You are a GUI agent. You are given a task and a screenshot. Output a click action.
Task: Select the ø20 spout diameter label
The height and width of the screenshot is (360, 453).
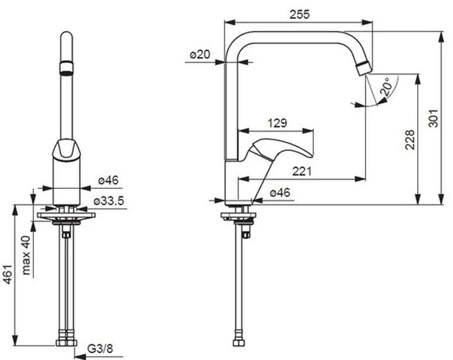(x=199, y=55)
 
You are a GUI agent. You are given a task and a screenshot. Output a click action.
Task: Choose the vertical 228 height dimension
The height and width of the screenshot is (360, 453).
(x=409, y=139)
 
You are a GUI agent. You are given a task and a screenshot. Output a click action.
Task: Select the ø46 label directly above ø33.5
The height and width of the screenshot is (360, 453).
(x=108, y=181)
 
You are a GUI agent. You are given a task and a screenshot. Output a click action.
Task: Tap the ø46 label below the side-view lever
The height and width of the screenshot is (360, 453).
(x=279, y=193)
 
